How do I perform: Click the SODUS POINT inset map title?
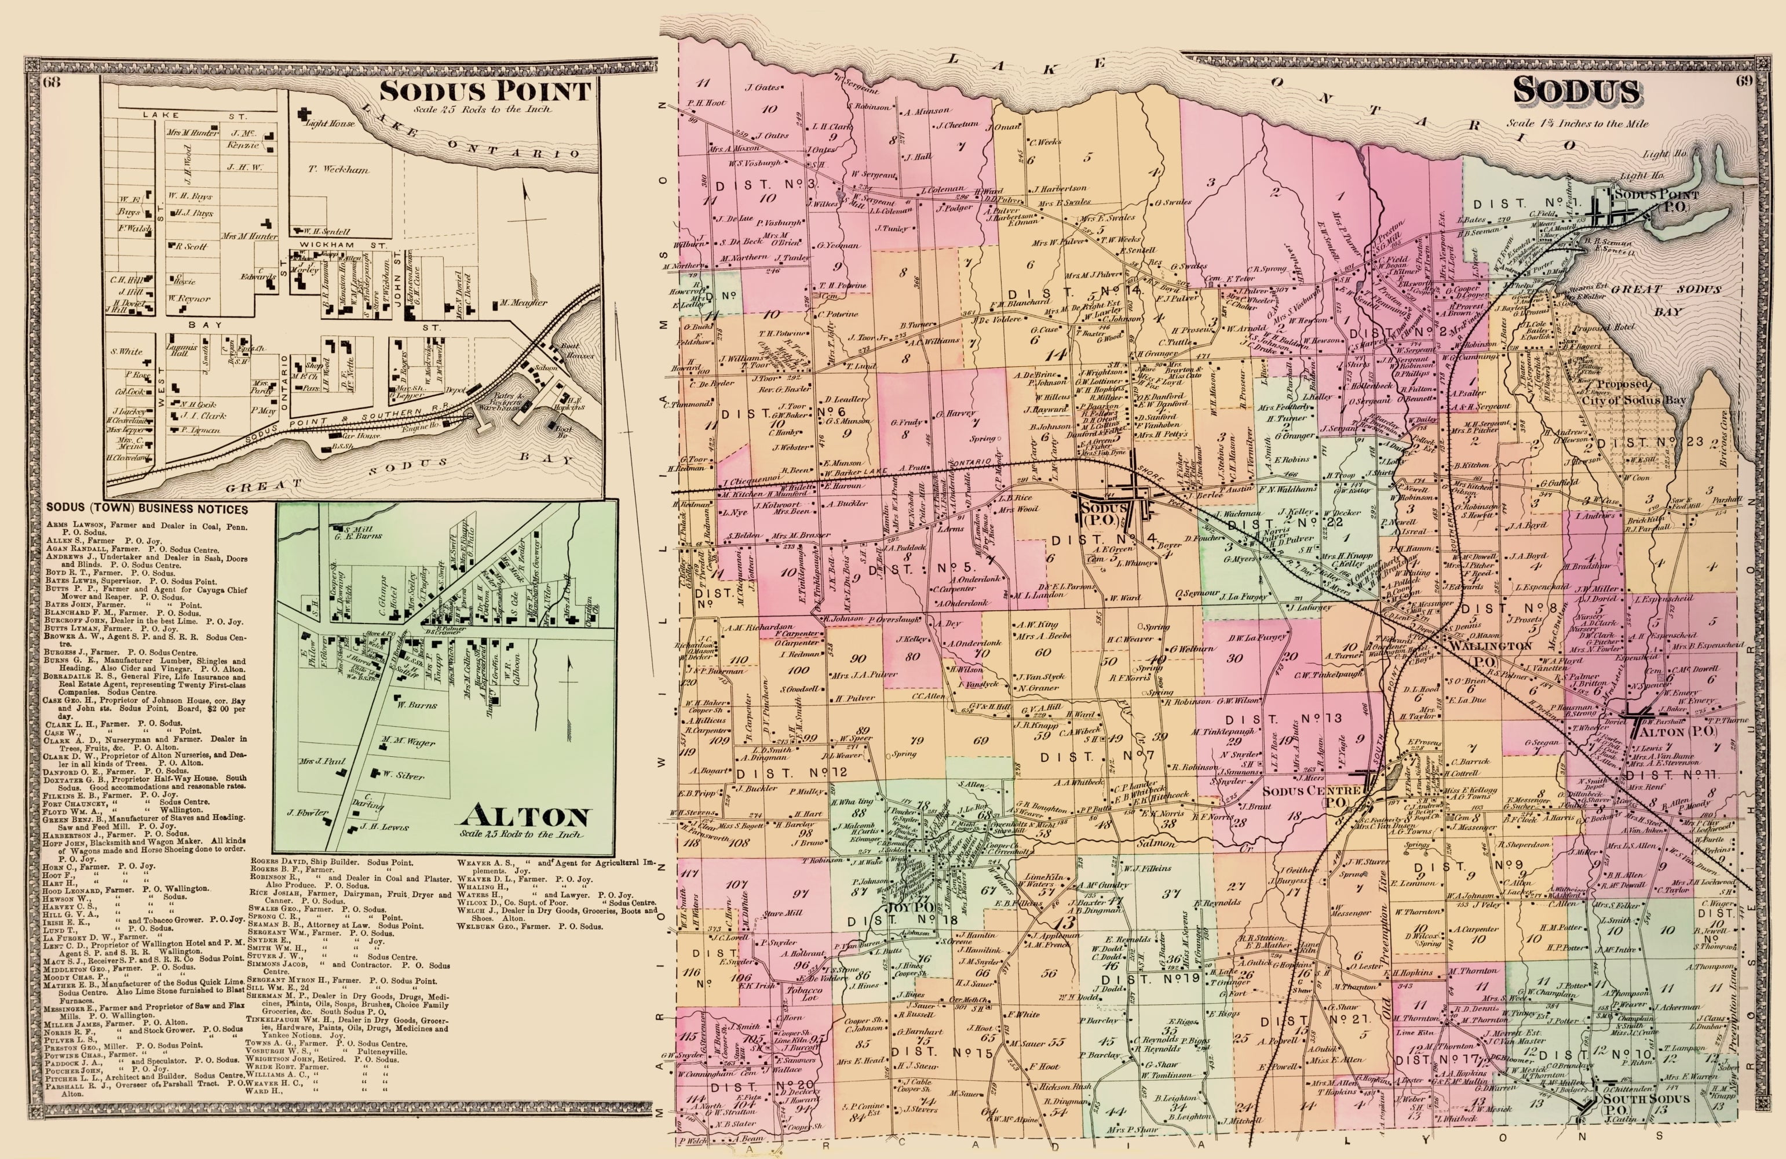point(485,92)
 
